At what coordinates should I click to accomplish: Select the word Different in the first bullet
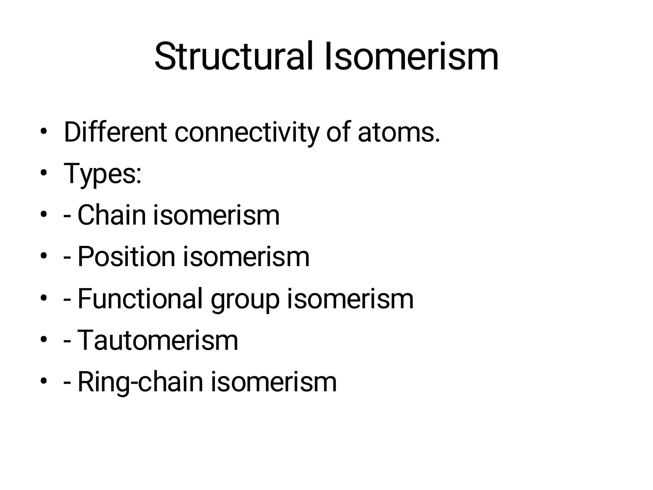click(115, 132)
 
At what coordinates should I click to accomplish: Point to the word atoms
click(399, 133)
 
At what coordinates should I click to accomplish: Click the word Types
click(102, 174)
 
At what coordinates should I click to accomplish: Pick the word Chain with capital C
click(112, 215)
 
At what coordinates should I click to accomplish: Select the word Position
click(126, 256)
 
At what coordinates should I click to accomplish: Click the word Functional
click(140, 299)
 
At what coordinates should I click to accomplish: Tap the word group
click(245, 300)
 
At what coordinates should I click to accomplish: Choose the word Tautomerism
click(158, 340)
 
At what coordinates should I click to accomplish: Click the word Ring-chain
click(140, 382)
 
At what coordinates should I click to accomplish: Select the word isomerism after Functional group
click(350, 299)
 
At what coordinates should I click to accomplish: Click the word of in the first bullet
click(338, 132)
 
